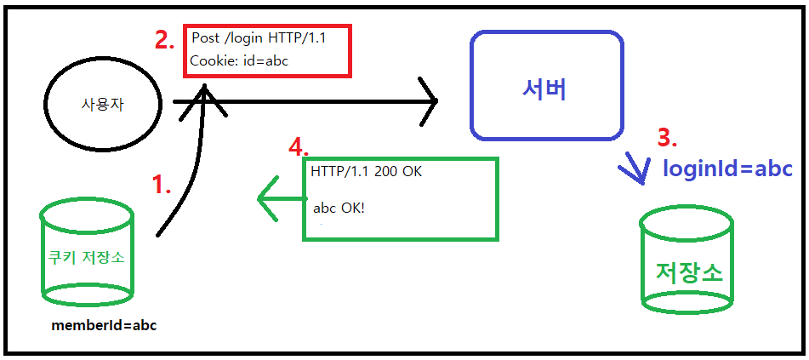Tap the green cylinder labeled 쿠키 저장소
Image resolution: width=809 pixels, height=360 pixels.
(88, 253)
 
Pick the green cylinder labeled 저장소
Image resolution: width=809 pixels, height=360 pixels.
(687, 259)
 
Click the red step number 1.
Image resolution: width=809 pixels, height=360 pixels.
(162, 184)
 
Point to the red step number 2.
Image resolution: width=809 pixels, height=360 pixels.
(165, 41)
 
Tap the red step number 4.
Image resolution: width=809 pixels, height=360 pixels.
(298, 147)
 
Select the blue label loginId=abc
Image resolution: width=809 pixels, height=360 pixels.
(727, 169)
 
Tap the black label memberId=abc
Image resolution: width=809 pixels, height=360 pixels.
(104, 325)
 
